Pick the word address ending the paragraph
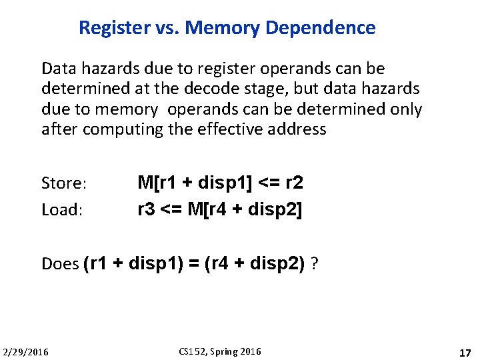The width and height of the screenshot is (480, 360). pyautogui.click(x=298, y=129)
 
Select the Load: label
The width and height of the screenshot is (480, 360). pyautogui.click(x=61, y=210)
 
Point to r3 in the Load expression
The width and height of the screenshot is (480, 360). pyautogui.click(x=146, y=209)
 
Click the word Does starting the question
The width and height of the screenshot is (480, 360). pyautogui.click(x=60, y=264)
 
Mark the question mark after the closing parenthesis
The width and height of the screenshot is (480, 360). pyautogui.click(x=314, y=264)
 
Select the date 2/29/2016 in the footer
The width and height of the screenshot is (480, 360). pyautogui.click(x=26, y=352)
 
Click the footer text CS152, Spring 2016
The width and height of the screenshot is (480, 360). pyautogui.click(x=221, y=351)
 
